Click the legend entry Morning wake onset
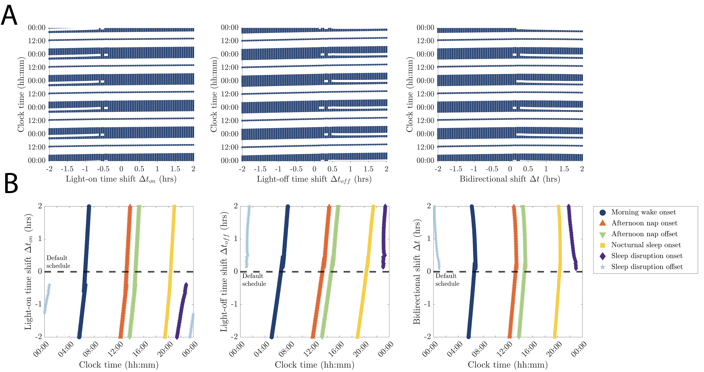click(x=643, y=212)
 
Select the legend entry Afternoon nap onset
click(x=644, y=223)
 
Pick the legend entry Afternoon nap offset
click(x=644, y=234)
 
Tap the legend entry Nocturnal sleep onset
click(x=646, y=245)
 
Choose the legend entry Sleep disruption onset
click(x=647, y=256)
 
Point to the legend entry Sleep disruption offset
click(x=647, y=267)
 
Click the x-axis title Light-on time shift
click(x=121, y=179)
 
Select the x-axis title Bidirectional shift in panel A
click(x=510, y=179)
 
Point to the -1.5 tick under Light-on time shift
click(x=67, y=169)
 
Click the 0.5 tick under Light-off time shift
click(x=332, y=169)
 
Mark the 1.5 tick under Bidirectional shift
click(x=564, y=169)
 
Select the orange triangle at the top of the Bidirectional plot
click(x=514, y=207)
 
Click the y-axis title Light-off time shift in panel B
click(x=224, y=272)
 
